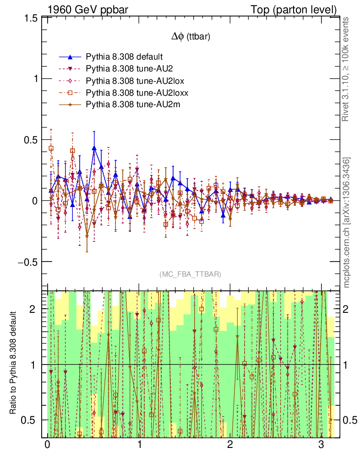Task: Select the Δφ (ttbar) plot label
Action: (191, 37)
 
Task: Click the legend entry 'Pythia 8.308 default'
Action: (124, 57)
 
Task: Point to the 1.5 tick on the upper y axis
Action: (31, 18)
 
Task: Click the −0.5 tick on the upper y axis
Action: (28, 262)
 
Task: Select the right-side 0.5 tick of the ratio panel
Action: (350, 420)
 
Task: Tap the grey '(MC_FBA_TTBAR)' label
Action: (191, 274)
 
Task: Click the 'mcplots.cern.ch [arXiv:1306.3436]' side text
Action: (347, 222)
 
